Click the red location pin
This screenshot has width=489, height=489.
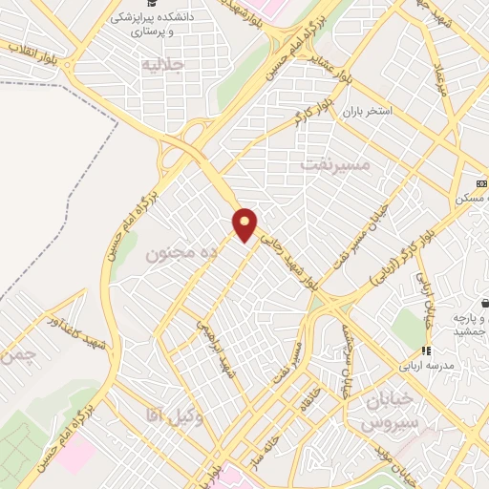[245, 224]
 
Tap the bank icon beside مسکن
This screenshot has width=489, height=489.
[481, 183]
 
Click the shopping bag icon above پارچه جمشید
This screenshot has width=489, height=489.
[484, 302]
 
